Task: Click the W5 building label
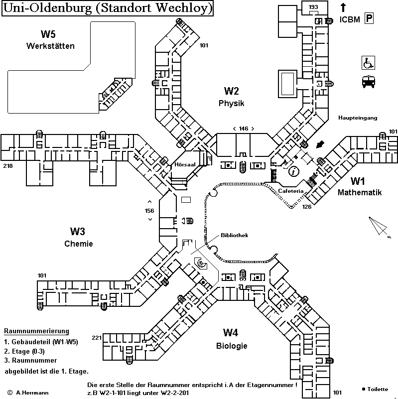point(48,34)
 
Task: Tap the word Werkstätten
point(50,46)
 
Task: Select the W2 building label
point(231,91)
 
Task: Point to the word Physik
point(231,103)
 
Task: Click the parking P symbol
point(369,19)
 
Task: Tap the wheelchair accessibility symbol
point(368,63)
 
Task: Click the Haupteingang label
point(358,118)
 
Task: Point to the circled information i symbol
point(294,171)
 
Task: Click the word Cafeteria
point(290,191)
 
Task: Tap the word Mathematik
point(360,192)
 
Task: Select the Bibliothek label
point(235,236)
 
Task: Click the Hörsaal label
point(184,164)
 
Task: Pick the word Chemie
point(79,244)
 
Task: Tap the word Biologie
point(232,346)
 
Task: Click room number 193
point(313,7)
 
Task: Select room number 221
point(97,338)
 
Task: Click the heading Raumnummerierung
point(36,331)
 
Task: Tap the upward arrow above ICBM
point(343,7)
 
